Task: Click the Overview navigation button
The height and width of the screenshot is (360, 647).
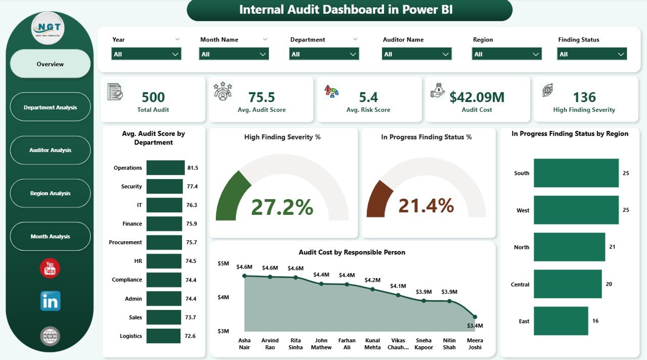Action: pyautogui.click(x=50, y=64)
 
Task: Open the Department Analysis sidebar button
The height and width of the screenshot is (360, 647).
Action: pyautogui.click(x=50, y=107)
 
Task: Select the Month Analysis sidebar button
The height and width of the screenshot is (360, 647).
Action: pyautogui.click(x=50, y=237)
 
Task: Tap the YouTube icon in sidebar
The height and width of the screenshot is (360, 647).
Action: pyautogui.click(x=50, y=268)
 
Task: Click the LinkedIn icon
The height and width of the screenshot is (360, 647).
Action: pyautogui.click(x=50, y=301)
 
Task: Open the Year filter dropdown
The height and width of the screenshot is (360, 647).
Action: pyautogui.click(x=146, y=54)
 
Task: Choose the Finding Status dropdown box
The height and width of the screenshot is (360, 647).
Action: pyautogui.click(x=592, y=54)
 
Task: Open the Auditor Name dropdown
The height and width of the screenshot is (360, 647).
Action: pyautogui.click(x=417, y=54)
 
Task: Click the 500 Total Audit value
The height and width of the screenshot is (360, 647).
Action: pyautogui.click(x=153, y=97)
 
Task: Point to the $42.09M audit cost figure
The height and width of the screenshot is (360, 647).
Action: pyautogui.click(x=477, y=97)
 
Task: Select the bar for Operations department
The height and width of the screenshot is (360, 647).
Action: pyautogui.click(x=165, y=168)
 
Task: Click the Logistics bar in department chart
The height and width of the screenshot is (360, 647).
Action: pyautogui.click(x=163, y=336)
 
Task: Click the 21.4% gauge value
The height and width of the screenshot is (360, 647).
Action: pyautogui.click(x=426, y=205)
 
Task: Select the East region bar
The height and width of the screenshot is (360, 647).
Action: pyautogui.click(x=561, y=321)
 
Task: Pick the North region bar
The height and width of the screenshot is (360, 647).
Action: pyautogui.click(x=569, y=247)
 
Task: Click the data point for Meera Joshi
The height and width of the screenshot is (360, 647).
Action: pyautogui.click(x=475, y=317)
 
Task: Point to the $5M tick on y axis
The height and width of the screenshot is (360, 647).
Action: pyautogui.click(x=223, y=263)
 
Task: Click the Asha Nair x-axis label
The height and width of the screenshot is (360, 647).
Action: pyautogui.click(x=244, y=344)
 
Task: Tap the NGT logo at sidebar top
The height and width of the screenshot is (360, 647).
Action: pyautogui.click(x=48, y=28)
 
